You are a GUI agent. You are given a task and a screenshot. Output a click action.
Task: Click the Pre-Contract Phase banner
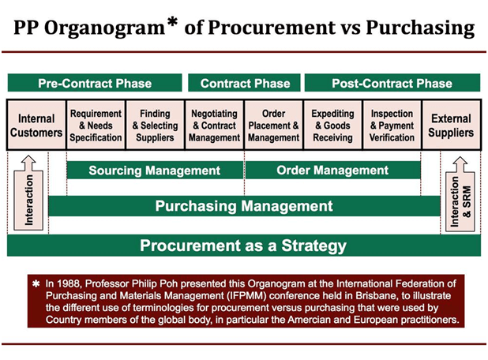[95, 83]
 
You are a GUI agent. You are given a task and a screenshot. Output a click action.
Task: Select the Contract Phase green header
[244, 83]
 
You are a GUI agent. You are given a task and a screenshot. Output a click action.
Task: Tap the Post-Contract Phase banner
[392, 83]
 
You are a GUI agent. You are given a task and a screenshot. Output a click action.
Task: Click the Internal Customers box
[36, 125]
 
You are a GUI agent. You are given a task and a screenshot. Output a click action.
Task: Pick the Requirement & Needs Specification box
[96, 125]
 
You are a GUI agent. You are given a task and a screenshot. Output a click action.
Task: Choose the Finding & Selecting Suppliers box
[155, 125]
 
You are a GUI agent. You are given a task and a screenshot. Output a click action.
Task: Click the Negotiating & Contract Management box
[215, 125]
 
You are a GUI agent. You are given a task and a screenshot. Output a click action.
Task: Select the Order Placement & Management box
[273, 125]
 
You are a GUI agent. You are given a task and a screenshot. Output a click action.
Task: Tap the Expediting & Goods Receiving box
[332, 125]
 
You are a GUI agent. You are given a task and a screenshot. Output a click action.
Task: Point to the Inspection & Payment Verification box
[392, 125]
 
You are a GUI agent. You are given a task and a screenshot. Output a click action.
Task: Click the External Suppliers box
[451, 125]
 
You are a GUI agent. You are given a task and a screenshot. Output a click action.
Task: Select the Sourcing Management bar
[155, 171]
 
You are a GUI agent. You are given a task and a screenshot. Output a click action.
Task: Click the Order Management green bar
[332, 171]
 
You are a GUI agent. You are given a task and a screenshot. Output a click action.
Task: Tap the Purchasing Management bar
[244, 206]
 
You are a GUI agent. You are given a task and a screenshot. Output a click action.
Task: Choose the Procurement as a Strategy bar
[244, 246]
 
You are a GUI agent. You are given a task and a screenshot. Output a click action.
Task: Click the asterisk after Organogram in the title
[172, 22]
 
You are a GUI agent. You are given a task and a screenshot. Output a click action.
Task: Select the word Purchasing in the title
[420, 28]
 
